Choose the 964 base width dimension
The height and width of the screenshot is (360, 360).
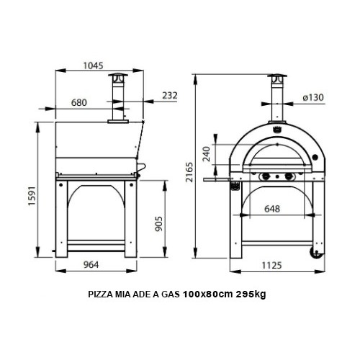coord(91,264)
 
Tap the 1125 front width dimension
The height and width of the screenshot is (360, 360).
coord(276,264)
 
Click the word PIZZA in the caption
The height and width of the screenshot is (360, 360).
coord(99,295)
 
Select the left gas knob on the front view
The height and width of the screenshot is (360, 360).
coord(264,177)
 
